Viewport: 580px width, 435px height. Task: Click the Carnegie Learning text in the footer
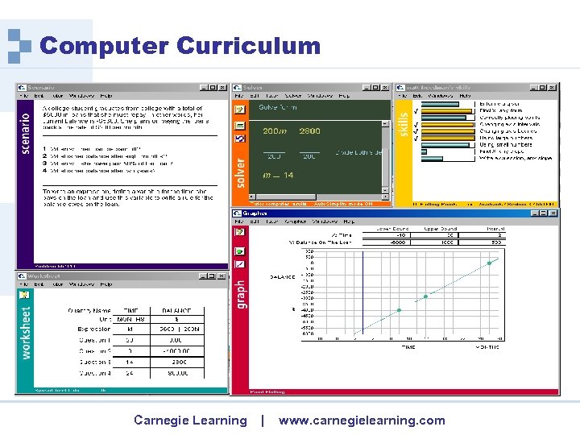pyautogui.click(x=190, y=420)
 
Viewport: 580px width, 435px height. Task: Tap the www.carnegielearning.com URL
pyautogui.click(x=362, y=420)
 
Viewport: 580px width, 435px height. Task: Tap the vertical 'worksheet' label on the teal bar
pyautogui.click(x=25, y=333)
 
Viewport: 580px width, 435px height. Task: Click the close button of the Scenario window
pyautogui.click(x=223, y=88)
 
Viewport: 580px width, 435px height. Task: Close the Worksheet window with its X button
pyautogui.click(x=223, y=275)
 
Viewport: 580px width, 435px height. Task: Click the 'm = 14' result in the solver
pyautogui.click(x=277, y=175)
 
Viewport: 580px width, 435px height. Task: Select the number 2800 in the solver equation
pyautogui.click(x=309, y=131)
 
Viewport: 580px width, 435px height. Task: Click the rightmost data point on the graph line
pyautogui.click(x=489, y=263)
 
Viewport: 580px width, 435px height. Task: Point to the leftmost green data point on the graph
pyautogui.click(x=399, y=310)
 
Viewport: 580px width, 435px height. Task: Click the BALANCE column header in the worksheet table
pyautogui.click(x=176, y=309)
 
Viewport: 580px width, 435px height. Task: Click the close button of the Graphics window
pyautogui.click(x=553, y=213)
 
